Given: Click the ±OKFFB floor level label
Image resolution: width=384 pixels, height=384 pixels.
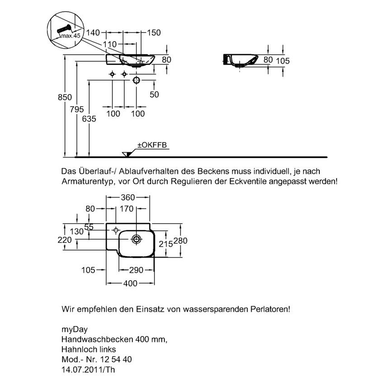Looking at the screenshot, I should [x=152, y=145].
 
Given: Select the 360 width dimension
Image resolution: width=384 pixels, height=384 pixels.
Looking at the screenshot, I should [x=128, y=197].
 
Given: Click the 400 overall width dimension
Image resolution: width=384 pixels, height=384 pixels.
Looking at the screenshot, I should [x=130, y=284].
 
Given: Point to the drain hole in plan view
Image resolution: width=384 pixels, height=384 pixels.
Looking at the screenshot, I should [x=136, y=239].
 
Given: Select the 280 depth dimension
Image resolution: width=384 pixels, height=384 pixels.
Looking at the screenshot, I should [x=181, y=241].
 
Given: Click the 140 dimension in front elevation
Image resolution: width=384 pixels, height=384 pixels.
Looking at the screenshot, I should [x=93, y=33].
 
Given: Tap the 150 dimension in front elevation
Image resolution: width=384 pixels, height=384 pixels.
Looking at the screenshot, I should [x=154, y=33].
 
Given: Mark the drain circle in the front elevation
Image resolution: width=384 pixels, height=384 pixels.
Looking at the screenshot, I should [x=136, y=80].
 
